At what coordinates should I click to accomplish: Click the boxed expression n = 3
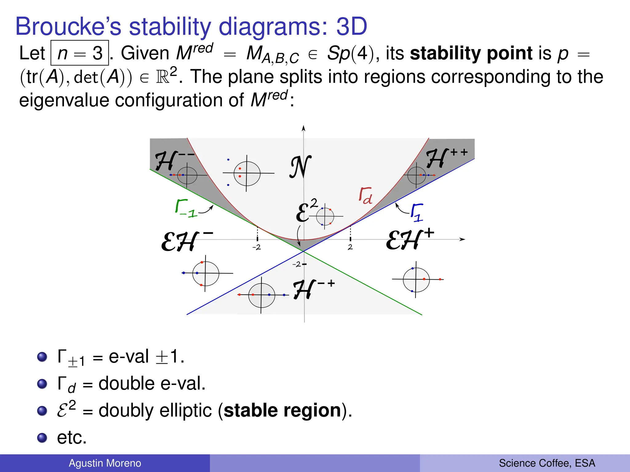click(x=80, y=53)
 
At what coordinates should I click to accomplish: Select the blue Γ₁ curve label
click(x=417, y=212)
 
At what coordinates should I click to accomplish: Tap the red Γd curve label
click(x=365, y=196)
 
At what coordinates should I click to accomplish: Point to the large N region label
click(x=300, y=167)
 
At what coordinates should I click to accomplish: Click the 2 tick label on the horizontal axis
click(x=350, y=247)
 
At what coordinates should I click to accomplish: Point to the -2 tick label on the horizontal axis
click(x=257, y=247)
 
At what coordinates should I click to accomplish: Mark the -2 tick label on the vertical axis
click(x=297, y=264)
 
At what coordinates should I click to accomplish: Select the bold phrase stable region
click(x=282, y=410)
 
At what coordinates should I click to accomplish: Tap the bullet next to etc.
click(x=42, y=438)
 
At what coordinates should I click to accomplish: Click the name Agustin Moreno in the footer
click(x=105, y=463)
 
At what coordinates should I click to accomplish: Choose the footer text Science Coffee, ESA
click(x=547, y=463)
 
